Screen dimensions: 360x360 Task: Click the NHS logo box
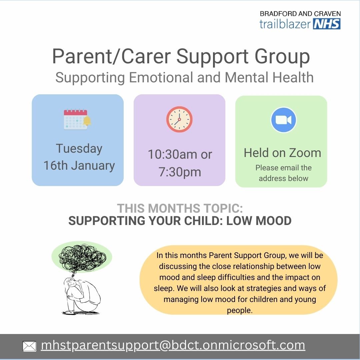[x=327, y=24]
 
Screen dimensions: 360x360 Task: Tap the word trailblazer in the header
[x=285, y=24]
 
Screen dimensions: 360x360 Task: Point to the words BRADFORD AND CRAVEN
[x=300, y=14]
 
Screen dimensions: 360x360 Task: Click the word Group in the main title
[x=282, y=57]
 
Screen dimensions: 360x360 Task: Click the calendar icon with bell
[x=77, y=119]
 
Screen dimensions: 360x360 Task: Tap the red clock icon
[x=179, y=119]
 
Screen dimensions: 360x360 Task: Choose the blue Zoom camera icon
[x=284, y=120]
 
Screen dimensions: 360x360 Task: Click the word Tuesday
[x=79, y=149]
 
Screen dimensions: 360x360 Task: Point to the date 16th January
[x=79, y=165]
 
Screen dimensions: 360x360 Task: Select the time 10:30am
[x=173, y=154]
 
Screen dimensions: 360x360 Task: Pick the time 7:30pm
[x=180, y=172]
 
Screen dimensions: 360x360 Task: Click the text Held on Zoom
[x=282, y=153]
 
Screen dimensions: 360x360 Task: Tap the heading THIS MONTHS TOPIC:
[x=180, y=208]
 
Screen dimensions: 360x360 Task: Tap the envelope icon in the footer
[x=29, y=346]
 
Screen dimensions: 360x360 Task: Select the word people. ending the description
[x=239, y=310]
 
